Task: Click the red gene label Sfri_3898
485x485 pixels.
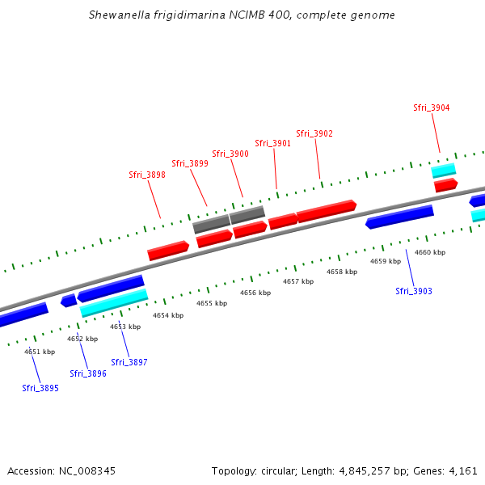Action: pos(147,175)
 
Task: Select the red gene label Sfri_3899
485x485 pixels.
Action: pos(190,163)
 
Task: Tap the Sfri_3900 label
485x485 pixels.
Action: pos(230,154)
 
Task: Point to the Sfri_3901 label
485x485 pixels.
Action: pos(273,143)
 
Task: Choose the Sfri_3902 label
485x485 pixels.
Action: pos(314,133)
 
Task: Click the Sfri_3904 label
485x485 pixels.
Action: pos(432,108)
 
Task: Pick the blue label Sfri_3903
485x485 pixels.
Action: pos(414,291)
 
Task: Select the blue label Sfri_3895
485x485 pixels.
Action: pos(40,388)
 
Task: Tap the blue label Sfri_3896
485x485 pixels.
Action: pos(88,373)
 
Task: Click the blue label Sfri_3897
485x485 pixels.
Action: pos(129,362)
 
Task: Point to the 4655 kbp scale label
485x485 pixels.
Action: pos(212,303)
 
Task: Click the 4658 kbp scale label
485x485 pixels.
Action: pos(342,272)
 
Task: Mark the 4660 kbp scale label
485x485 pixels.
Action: pos(430,252)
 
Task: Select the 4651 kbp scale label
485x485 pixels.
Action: pos(40,352)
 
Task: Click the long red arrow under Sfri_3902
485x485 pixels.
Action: pos(326,211)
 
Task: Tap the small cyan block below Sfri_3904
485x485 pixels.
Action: pos(444,171)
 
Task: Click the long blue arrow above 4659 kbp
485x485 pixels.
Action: pos(399,216)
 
